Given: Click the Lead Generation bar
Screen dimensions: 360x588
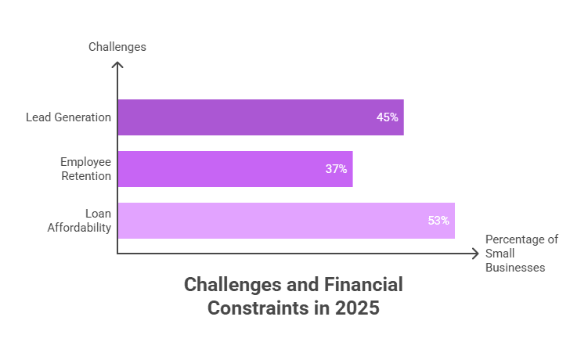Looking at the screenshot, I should (x=261, y=117).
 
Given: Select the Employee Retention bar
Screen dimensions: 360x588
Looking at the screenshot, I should (x=235, y=169).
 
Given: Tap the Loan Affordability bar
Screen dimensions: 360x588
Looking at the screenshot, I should (x=286, y=221).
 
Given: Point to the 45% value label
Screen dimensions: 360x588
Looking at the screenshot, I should (x=387, y=117).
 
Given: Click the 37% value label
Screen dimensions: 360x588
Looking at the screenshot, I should (x=337, y=169).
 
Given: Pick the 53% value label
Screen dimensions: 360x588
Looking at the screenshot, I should (x=438, y=221).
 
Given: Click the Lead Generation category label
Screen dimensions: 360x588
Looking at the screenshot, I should (x=68, y=117).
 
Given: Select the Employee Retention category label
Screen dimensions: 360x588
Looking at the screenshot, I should (x=85, y=169).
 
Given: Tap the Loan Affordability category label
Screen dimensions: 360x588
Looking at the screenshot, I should (x=87, y=221).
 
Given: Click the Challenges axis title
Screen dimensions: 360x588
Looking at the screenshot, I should (x=117, y=47).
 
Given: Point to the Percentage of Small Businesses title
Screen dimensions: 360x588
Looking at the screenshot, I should (x=521, y=253).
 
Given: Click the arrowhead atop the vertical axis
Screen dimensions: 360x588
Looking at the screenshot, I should (x=117, y=66).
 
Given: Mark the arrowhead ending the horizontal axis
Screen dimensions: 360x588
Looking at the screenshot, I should (x=475, y=254).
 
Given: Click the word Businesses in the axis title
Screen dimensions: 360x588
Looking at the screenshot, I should (x=515, y=267).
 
